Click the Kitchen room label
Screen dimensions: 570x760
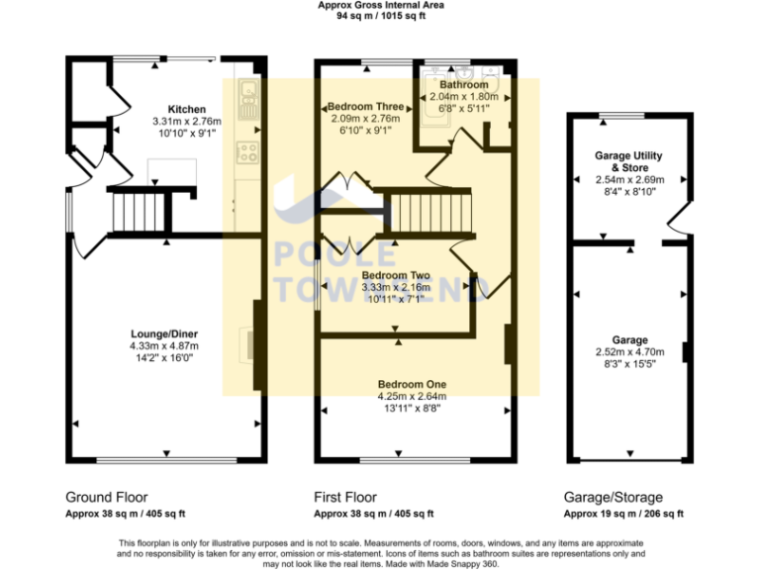click(186, 109)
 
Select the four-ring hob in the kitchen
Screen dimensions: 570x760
click(247, 153)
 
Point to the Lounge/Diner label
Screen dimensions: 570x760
click(164, 333)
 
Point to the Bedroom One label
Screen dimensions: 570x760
click(412, 384)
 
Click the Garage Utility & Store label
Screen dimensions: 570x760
click(628, 162)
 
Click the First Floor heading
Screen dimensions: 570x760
click(344, 497)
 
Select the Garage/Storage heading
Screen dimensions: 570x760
click(614, 497)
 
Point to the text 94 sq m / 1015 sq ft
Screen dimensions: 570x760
click(380, 17)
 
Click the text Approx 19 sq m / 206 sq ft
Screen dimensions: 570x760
click(623, 515)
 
